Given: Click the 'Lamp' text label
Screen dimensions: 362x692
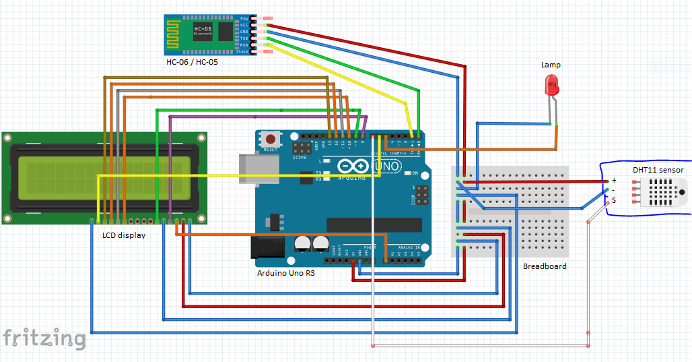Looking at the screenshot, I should point(551,65).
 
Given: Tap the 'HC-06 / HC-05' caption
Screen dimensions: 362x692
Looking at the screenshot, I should point(192,62).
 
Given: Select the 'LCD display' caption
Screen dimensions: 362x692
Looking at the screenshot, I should point(123,235).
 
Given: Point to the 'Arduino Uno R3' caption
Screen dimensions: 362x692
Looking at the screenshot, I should point(285,273).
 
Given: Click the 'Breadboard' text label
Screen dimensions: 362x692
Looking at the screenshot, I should point(545,266).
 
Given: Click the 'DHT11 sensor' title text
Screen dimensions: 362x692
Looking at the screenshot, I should point(658,170).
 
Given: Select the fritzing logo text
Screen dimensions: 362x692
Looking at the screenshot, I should point(44,338).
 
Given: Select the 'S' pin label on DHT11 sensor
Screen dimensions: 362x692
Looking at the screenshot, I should point(613,200).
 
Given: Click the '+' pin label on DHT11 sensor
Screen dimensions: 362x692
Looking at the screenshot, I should point(613,181).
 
